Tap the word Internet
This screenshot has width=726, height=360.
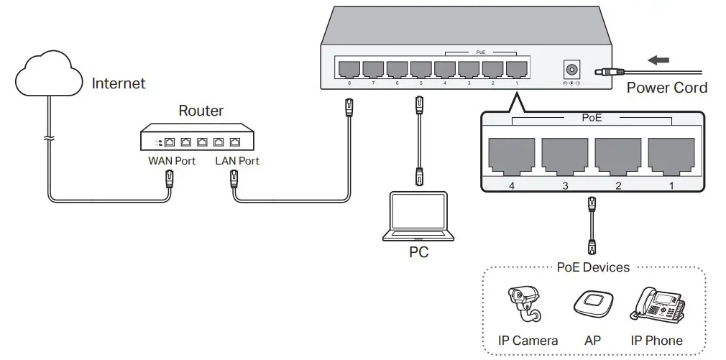point(119,83)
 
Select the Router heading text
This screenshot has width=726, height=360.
point(201,111)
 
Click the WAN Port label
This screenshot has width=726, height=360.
point(172,161)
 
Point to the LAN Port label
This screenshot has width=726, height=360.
point(237,161)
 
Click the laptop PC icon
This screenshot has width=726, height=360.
point(417,217)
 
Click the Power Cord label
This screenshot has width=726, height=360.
point(667,88)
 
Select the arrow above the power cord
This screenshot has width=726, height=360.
point(658,60)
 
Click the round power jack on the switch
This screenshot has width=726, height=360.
point(572,70)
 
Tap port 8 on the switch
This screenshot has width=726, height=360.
point(349,69)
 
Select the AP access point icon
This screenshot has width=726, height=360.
point(593,305)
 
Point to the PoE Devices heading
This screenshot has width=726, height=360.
point(593,267)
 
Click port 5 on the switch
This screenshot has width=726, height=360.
point(421,69)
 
